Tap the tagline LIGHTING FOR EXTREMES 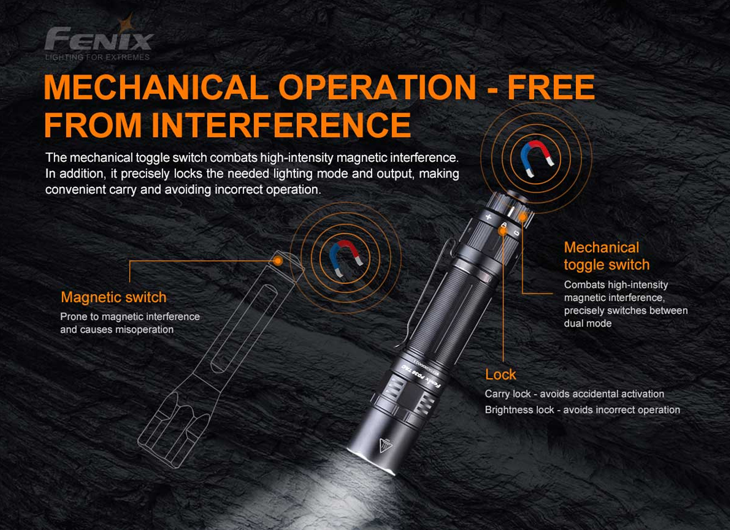click(98, 57)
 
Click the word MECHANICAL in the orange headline click(156, 87)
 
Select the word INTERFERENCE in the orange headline click(281, 125)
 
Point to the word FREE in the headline click(551, 87)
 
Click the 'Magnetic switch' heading click(114, 297)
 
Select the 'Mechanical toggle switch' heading click(606, 256)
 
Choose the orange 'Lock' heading click(501, 374)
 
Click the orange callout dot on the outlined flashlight click(278, 260)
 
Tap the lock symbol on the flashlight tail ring click(504, 225)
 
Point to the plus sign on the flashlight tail click(488, 217)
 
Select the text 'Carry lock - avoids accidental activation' click(574, 394)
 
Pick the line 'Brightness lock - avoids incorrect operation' click(582, 410)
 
